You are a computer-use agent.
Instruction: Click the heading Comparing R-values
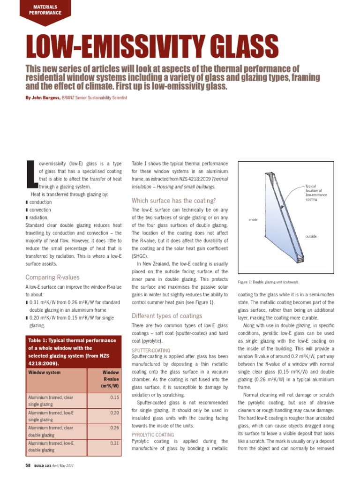(52, 277)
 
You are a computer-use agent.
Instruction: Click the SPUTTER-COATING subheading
(151, 350)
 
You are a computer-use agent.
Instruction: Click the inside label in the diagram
(253, 220)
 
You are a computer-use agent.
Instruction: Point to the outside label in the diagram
(311, 236)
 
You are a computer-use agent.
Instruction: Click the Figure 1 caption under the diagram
(268, 282)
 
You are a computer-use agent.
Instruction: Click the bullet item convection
(40, 210)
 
